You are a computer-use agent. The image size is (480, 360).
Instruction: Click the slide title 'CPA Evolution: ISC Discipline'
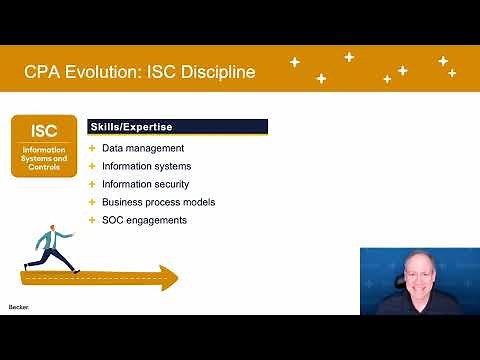coord(139,72)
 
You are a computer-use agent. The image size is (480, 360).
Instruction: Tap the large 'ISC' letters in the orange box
coord(44,131)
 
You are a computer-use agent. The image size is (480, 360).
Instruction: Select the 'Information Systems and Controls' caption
coord(44,158)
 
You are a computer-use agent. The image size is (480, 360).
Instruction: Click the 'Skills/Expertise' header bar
coord(179,127)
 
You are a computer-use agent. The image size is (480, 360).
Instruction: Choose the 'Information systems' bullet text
coord(146,166)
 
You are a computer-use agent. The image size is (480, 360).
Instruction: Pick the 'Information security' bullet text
coord(146,184)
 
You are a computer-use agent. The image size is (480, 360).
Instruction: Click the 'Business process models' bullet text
coord(158,202)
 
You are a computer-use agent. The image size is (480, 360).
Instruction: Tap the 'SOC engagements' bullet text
coord(144,220)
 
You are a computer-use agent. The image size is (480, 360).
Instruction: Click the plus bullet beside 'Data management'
coord(92,148)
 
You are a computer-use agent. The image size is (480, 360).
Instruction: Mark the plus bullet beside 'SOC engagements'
coord(92,220)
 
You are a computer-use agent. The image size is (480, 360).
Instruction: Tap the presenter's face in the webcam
coord(421,277)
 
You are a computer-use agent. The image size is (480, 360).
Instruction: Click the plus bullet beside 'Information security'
coord(92,184)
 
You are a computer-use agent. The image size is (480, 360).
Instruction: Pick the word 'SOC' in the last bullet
coord(113,220)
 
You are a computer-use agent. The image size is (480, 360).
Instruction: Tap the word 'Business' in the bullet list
coord(123,202)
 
